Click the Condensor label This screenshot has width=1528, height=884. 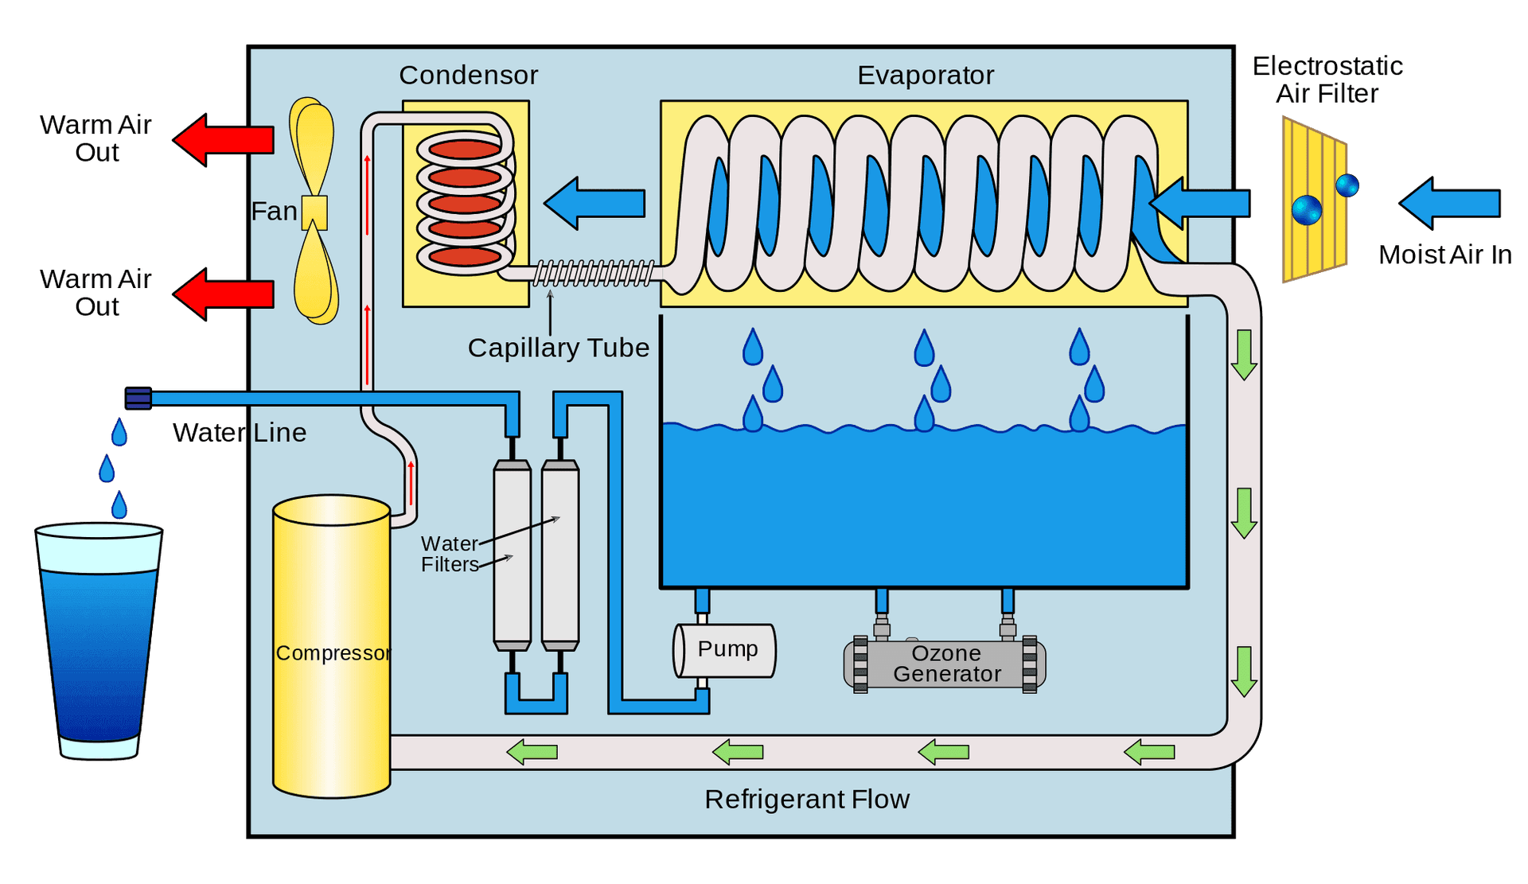468,75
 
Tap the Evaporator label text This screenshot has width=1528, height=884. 925,75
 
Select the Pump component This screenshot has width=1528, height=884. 725,650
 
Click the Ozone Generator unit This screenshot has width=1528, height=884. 945,664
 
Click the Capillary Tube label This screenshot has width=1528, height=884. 558,348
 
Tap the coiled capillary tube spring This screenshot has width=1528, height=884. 593,273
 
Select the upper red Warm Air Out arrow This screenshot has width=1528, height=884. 224,140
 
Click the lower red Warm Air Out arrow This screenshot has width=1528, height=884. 224,294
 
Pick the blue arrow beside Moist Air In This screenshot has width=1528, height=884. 1449,204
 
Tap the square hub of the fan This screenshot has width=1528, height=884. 314,212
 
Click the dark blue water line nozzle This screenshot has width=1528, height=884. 138,398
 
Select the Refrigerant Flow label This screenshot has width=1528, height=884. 806,799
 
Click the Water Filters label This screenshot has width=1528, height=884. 450,554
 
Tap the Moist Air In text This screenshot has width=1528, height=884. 1444,255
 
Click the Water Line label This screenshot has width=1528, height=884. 240,432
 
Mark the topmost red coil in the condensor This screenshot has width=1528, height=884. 465,149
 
